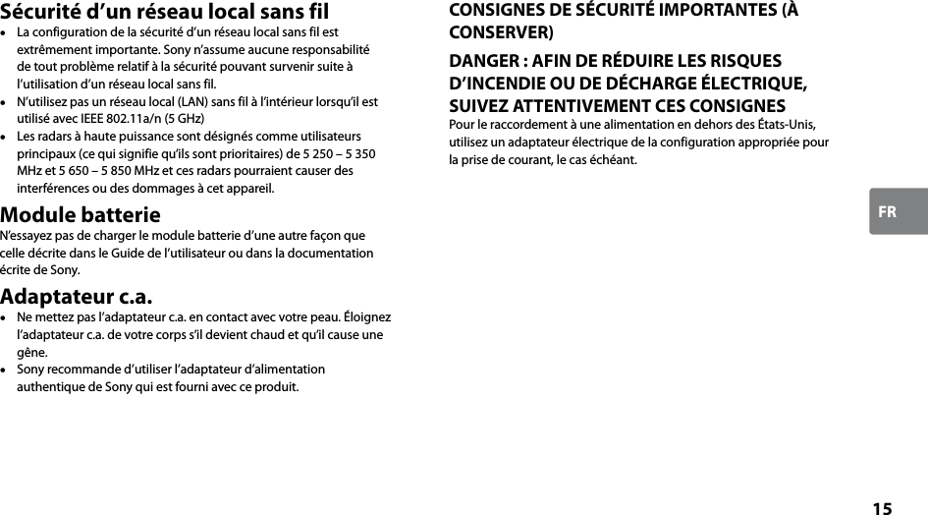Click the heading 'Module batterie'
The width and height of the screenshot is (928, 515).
pos(81,215)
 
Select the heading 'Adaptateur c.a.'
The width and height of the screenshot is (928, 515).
pos(77,297)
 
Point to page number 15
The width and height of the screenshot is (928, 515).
pos(882,508)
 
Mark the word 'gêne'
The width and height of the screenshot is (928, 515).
pos(31,352)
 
